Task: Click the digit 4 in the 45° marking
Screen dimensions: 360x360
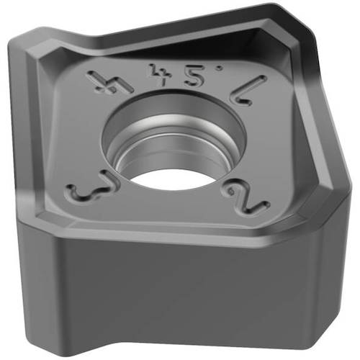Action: point(153,73)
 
